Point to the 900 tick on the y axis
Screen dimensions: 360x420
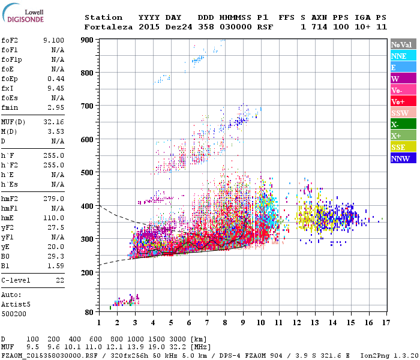[89, 40]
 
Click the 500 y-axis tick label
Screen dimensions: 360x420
[89, 173]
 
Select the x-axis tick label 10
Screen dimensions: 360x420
[260, 322]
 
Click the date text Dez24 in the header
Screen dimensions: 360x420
[177, 27]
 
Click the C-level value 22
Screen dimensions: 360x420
[60, 280]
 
